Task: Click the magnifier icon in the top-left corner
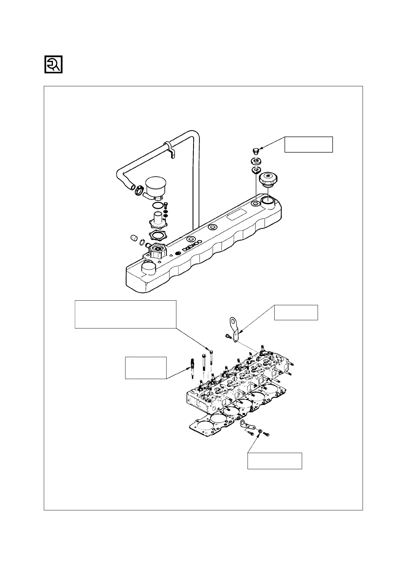point(54,64)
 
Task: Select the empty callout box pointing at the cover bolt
point(308,144)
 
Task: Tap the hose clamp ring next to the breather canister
point(138,191)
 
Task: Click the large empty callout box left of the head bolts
point(125,314)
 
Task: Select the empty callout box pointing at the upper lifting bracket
point(296,312)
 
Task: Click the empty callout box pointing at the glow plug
point(146,368)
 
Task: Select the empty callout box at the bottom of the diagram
point(274,461)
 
